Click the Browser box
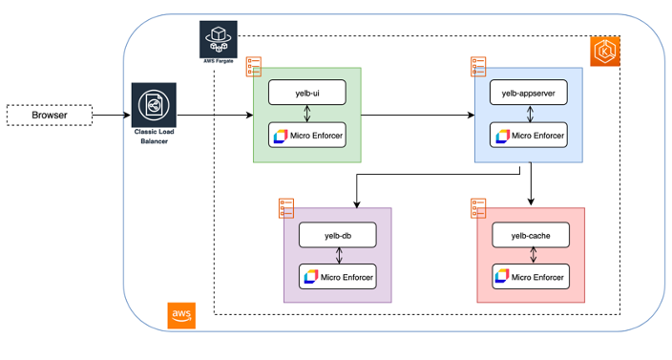[x=50, y=116]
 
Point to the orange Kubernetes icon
[x=607, y=51]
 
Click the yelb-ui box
[x=306, y=93]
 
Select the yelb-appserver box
[x=528, y=93]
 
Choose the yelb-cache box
[x=531, y=234]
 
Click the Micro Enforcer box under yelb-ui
[x=306, y=136]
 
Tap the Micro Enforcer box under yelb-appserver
[x=528, y=136]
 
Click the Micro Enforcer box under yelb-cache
[x=531, y=277]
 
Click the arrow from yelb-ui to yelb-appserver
[x=416, y=116]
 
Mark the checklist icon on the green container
[x=254, y=66]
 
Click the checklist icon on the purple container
[x=285, y=207]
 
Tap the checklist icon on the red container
[x=479, y=207]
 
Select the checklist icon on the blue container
[x=478, y=66]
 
